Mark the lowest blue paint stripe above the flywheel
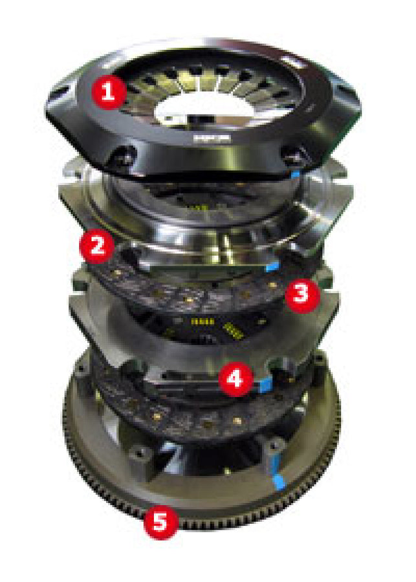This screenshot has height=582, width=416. pos(279,480)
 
